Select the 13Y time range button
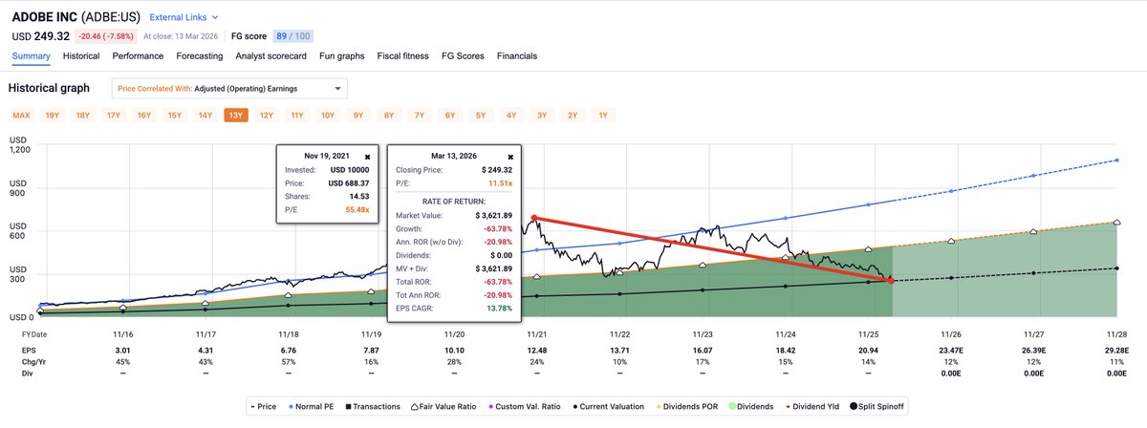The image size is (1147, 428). pos(235,116)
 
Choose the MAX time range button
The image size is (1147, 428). pos(21,116)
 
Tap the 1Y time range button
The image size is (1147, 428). pos(602,116)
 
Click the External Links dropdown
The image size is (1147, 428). pos(184,17)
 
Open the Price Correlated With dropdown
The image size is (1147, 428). pos(229,89)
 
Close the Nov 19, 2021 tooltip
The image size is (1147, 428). pos(369,155)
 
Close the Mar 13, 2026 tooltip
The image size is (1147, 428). pos(509,156)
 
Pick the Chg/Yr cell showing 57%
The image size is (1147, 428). pos(288,365)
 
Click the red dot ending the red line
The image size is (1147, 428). pos(891,281)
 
